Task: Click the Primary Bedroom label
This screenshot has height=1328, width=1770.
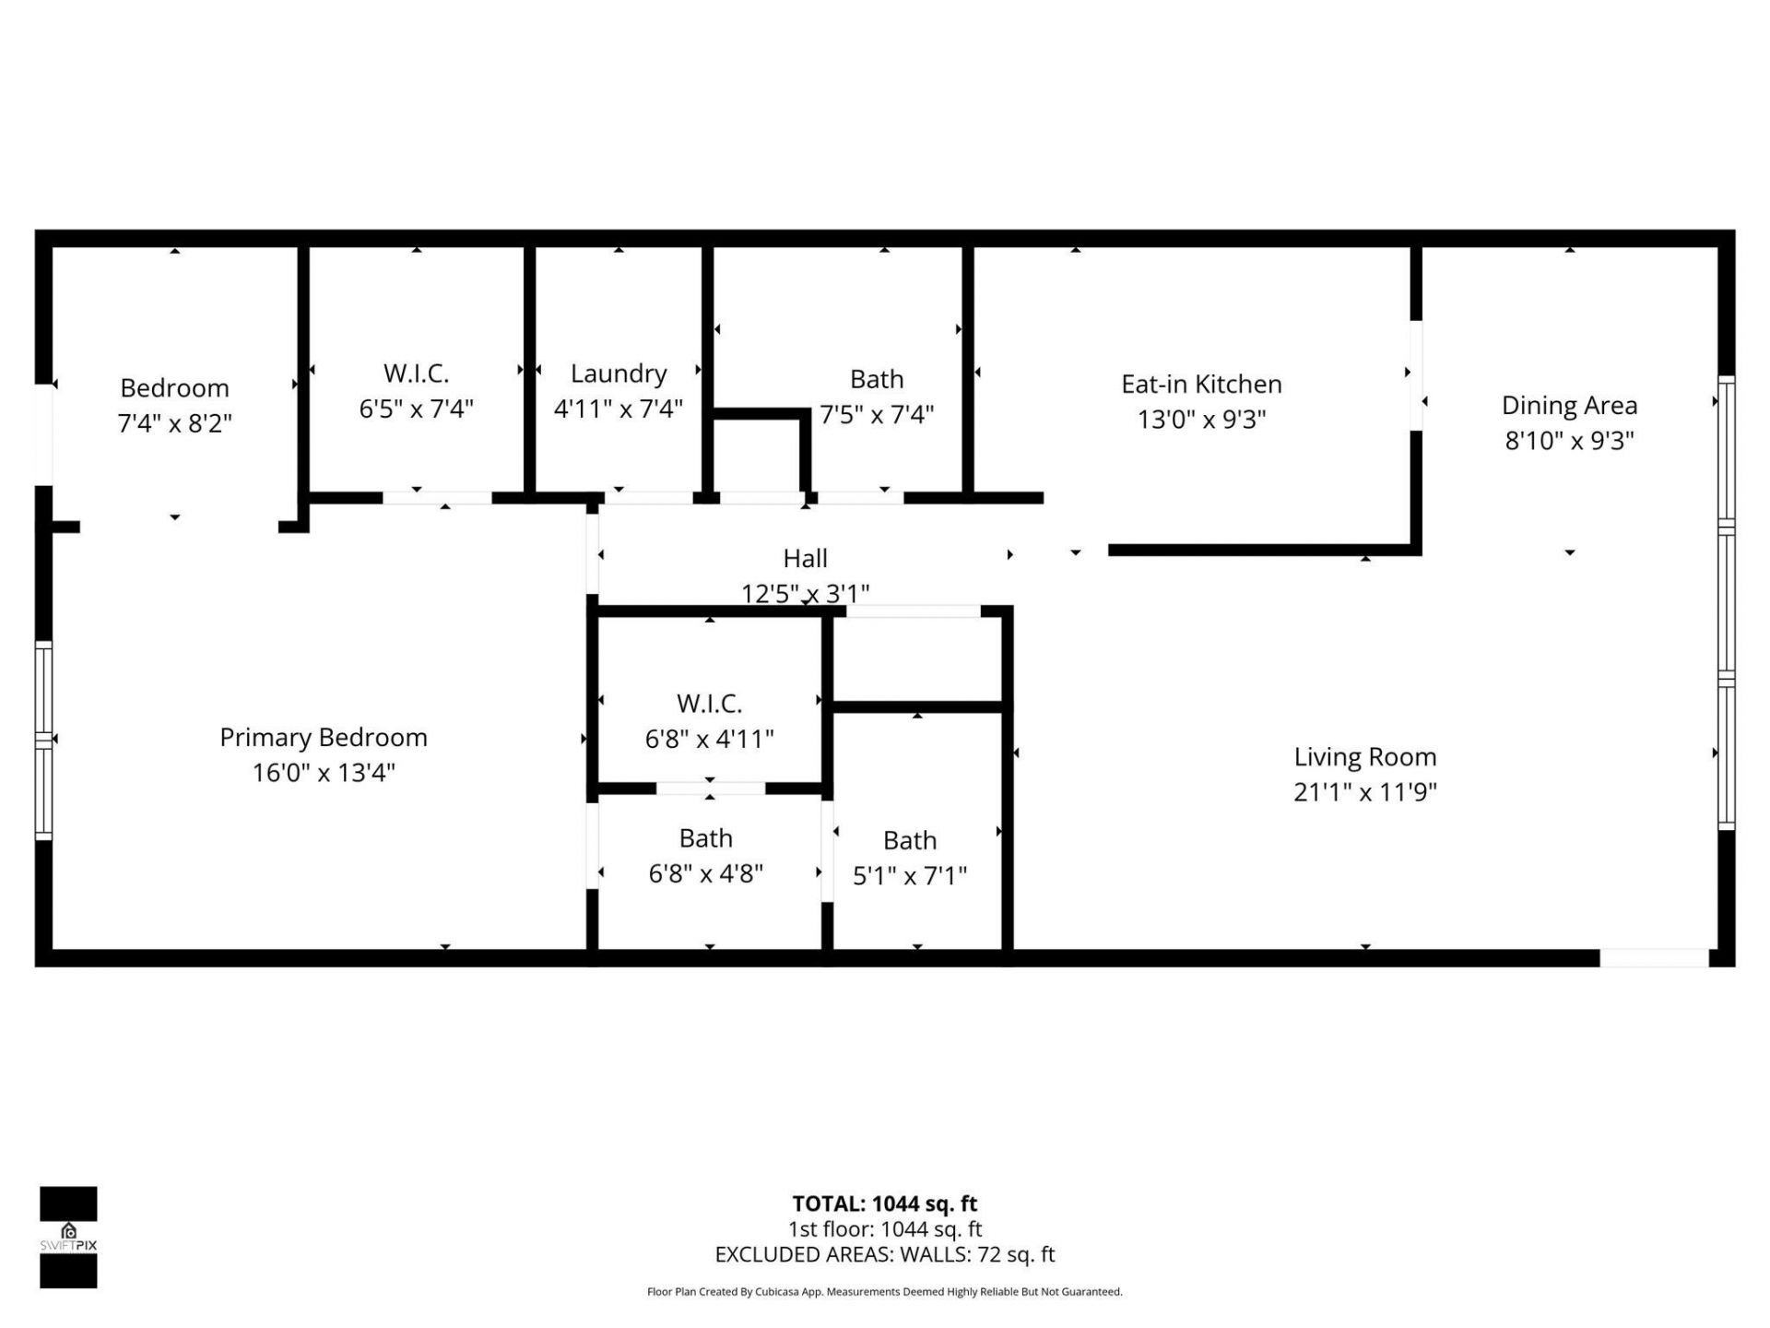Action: (x=323, y=737)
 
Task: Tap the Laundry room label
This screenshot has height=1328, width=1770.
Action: (x=618, y=373)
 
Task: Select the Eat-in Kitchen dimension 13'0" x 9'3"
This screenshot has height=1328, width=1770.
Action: (x=1201, y=420)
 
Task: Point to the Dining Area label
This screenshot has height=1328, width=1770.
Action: (x=1569, y=405)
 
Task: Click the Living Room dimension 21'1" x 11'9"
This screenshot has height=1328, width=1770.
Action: (x=1364, y=792)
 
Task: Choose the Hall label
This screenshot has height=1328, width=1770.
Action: (x=805, y=558)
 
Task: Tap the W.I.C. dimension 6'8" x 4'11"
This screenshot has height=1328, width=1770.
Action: (x=709, y=739)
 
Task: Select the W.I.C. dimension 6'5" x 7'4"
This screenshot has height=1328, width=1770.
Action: (x=416, y=409)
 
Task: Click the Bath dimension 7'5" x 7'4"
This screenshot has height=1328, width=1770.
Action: (x=877, y=414)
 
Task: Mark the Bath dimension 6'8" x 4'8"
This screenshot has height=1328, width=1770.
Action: (x=705, y=873)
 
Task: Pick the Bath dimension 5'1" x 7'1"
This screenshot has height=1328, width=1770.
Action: (x=909, y=875)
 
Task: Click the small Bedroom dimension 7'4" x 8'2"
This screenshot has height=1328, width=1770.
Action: (x=174, y=423)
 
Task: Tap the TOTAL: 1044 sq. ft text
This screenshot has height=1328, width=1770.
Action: (x=884, y=1203)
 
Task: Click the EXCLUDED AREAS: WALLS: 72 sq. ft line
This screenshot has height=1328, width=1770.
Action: (x=884, y=1254)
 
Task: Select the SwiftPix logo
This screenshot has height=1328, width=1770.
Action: (x=68, y=1237)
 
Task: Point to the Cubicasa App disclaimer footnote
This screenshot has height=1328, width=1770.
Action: (x=884, y=1292)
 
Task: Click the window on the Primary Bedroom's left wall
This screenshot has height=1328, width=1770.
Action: (x=43, y=740)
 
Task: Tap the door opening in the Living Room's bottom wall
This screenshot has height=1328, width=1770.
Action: (x=1654, y=958)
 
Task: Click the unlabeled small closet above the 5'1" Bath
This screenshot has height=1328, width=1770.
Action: (x=916, y=659)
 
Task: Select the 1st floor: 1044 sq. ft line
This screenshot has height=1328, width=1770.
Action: (x=884, y=1229)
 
